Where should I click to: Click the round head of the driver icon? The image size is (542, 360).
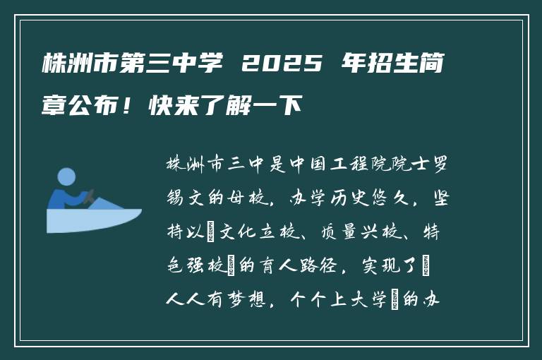coord(66,177)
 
